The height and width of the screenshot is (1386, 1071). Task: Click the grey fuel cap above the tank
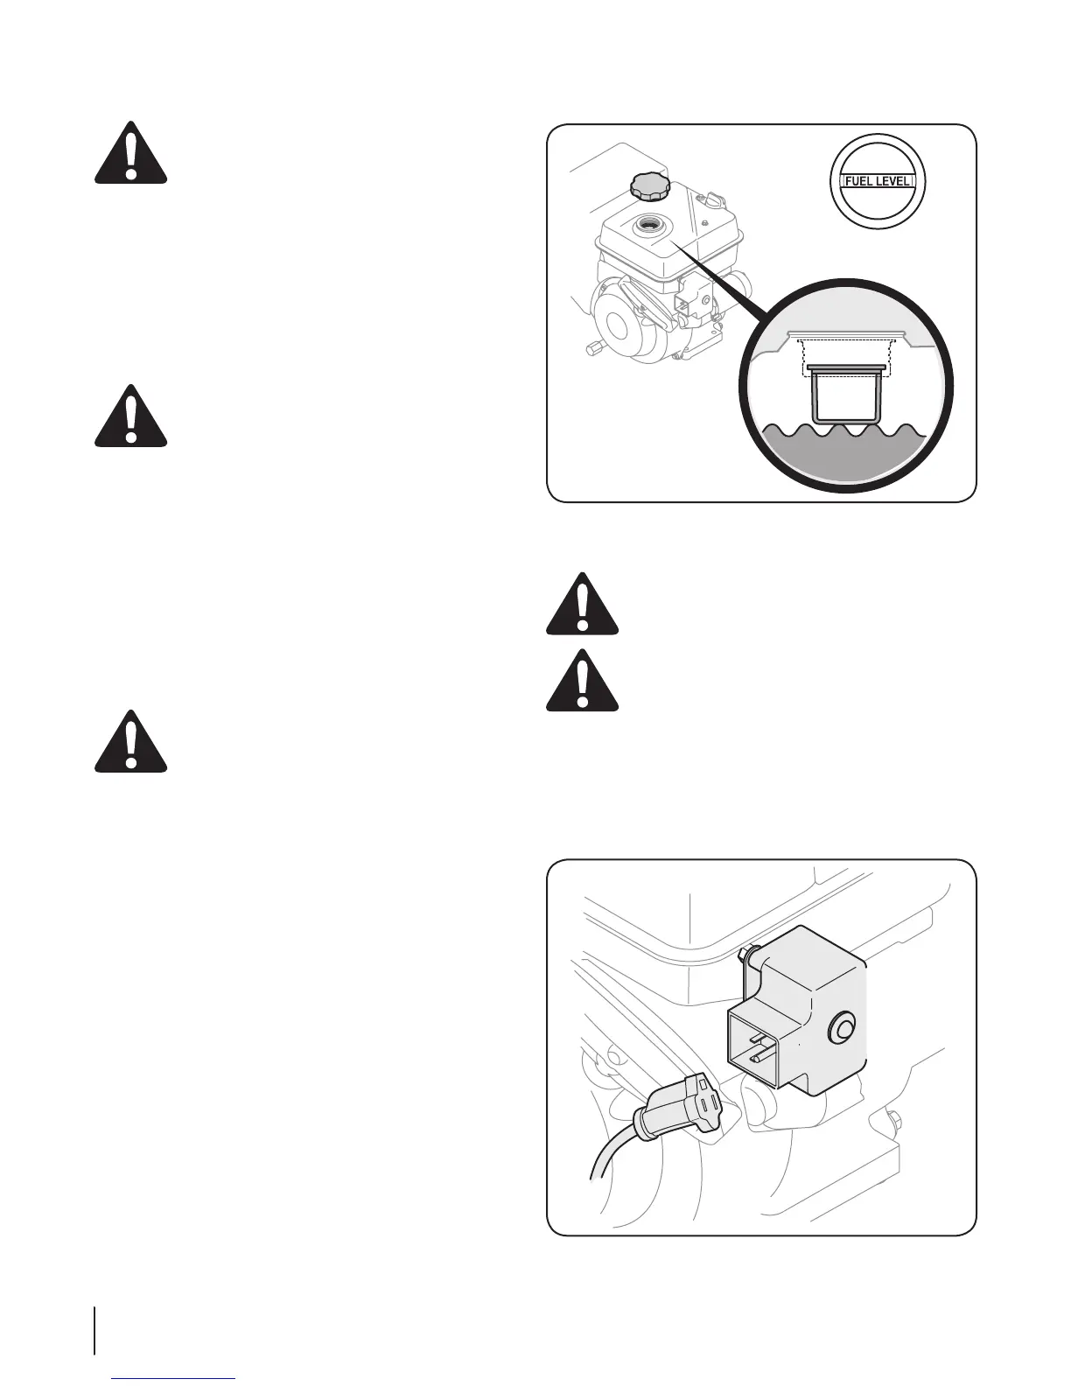click(x=647, y=185)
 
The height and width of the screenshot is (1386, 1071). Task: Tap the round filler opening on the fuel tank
click(x=652, y=225)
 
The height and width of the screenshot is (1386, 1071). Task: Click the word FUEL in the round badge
click(x=857, y=182)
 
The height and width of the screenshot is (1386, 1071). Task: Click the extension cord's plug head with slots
click(x=700, y=1106)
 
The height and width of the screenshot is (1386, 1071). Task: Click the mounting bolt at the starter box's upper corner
click(x=746, y=950)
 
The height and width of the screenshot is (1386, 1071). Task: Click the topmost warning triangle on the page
click(x=130, y=152)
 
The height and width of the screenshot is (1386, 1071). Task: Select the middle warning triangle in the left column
click(x=130, y=416)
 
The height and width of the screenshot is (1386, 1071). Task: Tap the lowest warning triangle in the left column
click(x=130, y=741)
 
